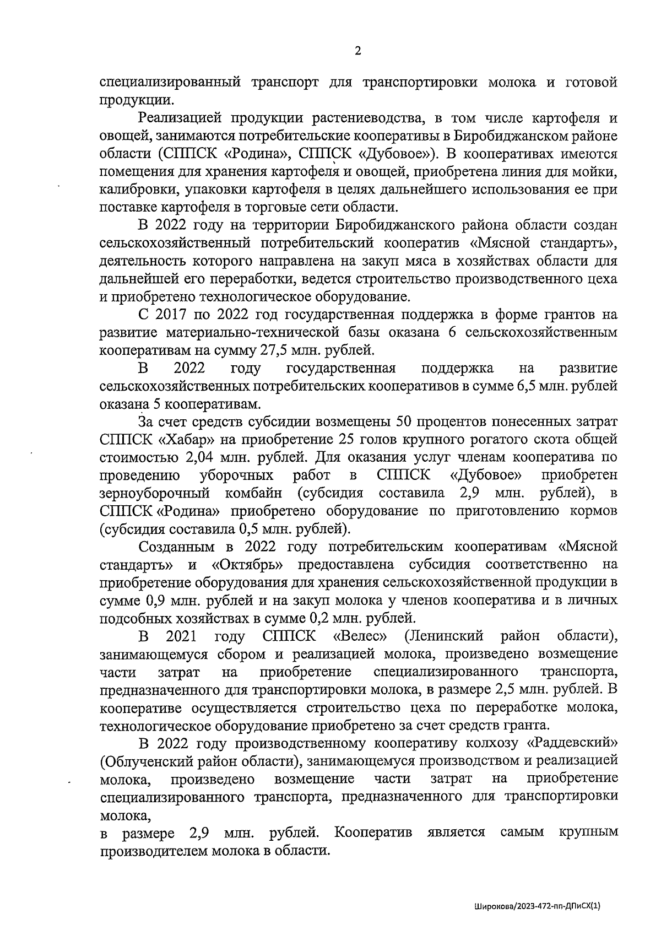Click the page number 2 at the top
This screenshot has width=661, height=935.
(x=357, y=51)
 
